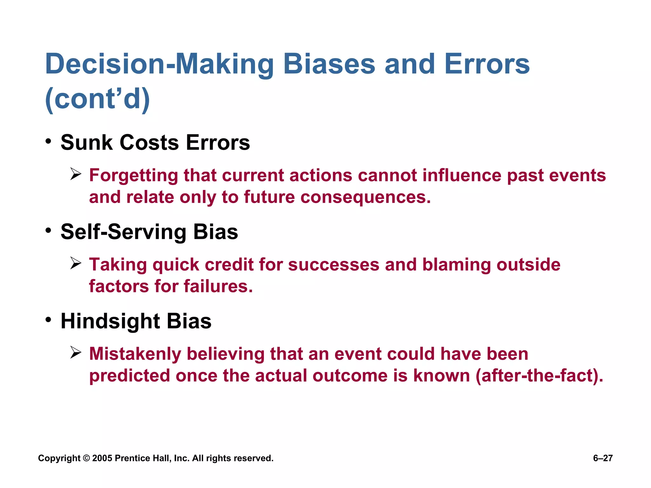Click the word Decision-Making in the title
click(159, 64)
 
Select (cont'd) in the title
click(98, 99)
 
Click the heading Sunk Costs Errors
click(155, 143)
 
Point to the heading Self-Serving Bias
click(149, 232)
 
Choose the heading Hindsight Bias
click(136, 321)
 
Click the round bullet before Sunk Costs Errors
click(48, 141)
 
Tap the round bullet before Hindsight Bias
click(48, 320)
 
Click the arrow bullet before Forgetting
click(76, 174)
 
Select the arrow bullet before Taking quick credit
click(76, 263)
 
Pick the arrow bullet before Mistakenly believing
click(76, 353)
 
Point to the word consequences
click(365, 197)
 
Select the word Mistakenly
click(135, 354)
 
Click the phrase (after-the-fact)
click(539, 376)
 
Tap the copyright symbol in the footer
click(86, 458)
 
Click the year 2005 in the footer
click(102, 458)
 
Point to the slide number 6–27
click(603, 458)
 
